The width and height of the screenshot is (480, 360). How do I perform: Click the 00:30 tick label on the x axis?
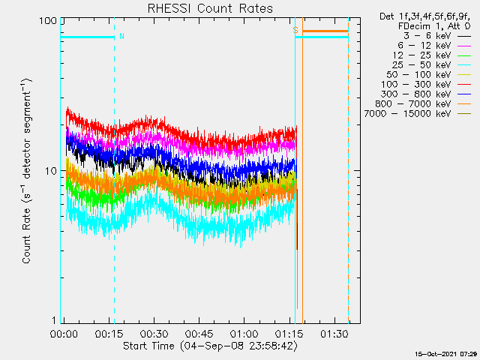pos(154,333)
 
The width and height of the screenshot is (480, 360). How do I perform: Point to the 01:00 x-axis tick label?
pos(244,333)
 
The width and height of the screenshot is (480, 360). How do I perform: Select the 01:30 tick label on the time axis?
pos(334,333)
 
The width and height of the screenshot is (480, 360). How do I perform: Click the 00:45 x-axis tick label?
pos(199,333)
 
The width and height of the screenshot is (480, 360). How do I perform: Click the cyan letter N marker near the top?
pos(122,36)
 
